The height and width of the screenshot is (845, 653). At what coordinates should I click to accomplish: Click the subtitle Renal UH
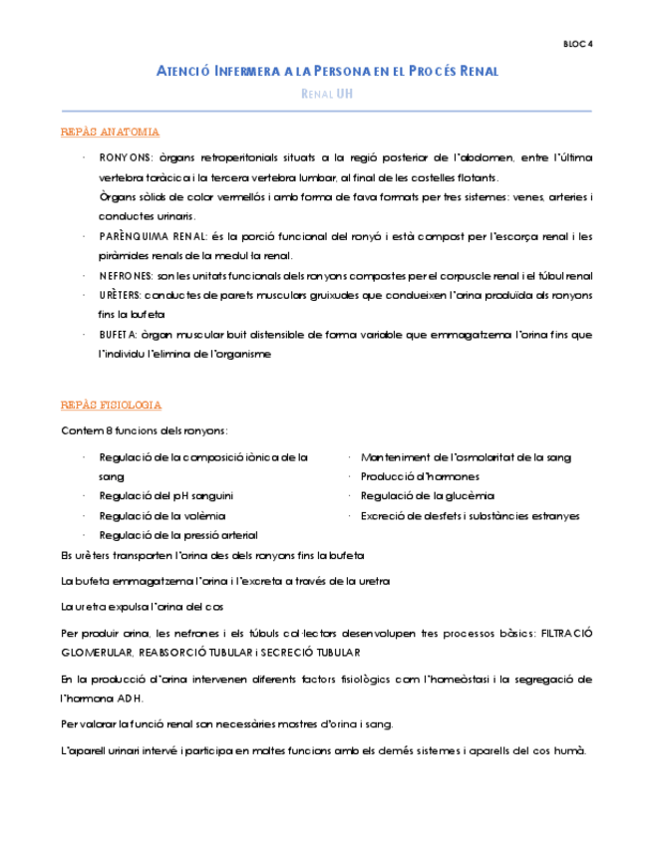tap(326, 94)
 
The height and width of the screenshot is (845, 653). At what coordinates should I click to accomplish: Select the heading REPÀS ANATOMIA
tap(110, 133)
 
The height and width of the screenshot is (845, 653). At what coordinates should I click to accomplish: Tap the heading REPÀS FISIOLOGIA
tap(111, 406)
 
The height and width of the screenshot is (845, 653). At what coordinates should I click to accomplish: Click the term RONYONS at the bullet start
tap(125, 158)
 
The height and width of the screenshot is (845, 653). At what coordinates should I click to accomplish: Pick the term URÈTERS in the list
tap(120, 295)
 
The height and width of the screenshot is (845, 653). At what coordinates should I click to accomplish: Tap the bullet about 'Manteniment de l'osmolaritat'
tap(466, 457)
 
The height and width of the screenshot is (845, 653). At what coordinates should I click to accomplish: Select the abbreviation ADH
tap(127, 698)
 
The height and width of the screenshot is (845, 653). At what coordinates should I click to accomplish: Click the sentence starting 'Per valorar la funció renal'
tap(226, 723)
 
